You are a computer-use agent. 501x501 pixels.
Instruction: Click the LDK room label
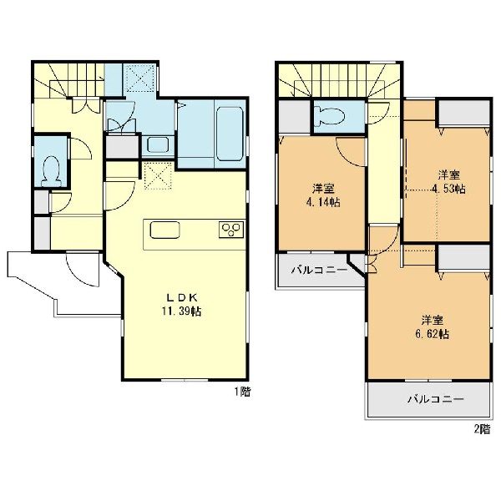[182, 298]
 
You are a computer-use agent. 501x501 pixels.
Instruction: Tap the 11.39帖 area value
[181, 311]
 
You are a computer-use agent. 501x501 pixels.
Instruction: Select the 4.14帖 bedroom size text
[322, 202]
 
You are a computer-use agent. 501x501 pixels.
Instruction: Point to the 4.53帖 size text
[448, 189]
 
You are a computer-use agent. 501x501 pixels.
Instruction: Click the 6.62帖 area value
[432, 334]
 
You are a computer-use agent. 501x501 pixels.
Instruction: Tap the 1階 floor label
[242, 392]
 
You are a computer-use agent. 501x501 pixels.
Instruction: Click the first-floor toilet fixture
[52, 171]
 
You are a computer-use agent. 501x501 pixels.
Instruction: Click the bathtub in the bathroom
[230, 134]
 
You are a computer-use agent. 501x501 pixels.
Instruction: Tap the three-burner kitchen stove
[231, 230]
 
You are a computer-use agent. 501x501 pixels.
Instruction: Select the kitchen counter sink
[164, 230]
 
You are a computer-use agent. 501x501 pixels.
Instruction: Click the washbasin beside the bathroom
[158, 145]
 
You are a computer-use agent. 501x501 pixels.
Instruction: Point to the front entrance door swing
[82, 269]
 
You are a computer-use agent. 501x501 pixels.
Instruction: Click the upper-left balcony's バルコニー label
[319, 271]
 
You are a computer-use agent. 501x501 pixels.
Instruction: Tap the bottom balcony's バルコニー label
[435, 399]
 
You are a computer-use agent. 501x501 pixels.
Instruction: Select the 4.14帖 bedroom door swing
[351, 152]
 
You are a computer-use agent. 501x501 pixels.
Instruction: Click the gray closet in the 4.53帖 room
[464, 114]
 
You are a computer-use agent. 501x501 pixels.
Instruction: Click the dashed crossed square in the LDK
[158, 176]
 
